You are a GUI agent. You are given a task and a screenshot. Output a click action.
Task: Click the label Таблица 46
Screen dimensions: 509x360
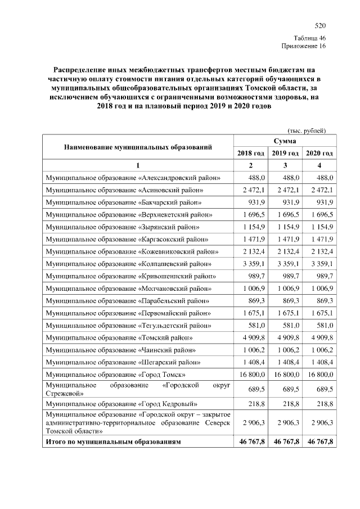click(x=309, y=38)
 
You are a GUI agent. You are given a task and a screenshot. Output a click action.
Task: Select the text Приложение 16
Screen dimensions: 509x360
click(x=304, y=46)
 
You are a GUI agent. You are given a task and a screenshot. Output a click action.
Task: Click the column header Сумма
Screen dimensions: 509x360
click(x=285, y=139)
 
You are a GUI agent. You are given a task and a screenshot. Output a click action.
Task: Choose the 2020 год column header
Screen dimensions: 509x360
click(x=319, y=153)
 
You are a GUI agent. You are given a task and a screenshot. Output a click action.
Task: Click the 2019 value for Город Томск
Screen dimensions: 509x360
click(x=286, y=374)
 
